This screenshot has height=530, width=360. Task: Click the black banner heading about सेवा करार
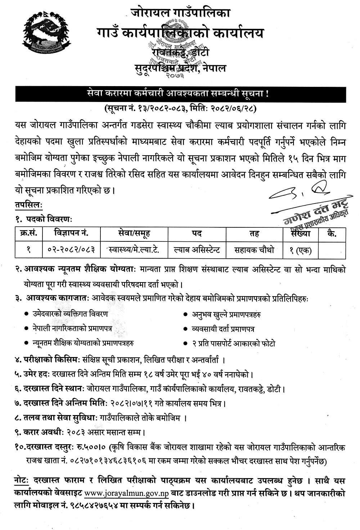(x=180, y=94)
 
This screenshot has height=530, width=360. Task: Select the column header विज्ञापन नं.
(x=71, y=233)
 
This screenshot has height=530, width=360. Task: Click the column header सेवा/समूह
(x=134, y=233)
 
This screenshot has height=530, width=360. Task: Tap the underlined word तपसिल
(x=28, y=204)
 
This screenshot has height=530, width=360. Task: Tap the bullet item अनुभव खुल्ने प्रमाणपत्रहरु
(x=226, y=315)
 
